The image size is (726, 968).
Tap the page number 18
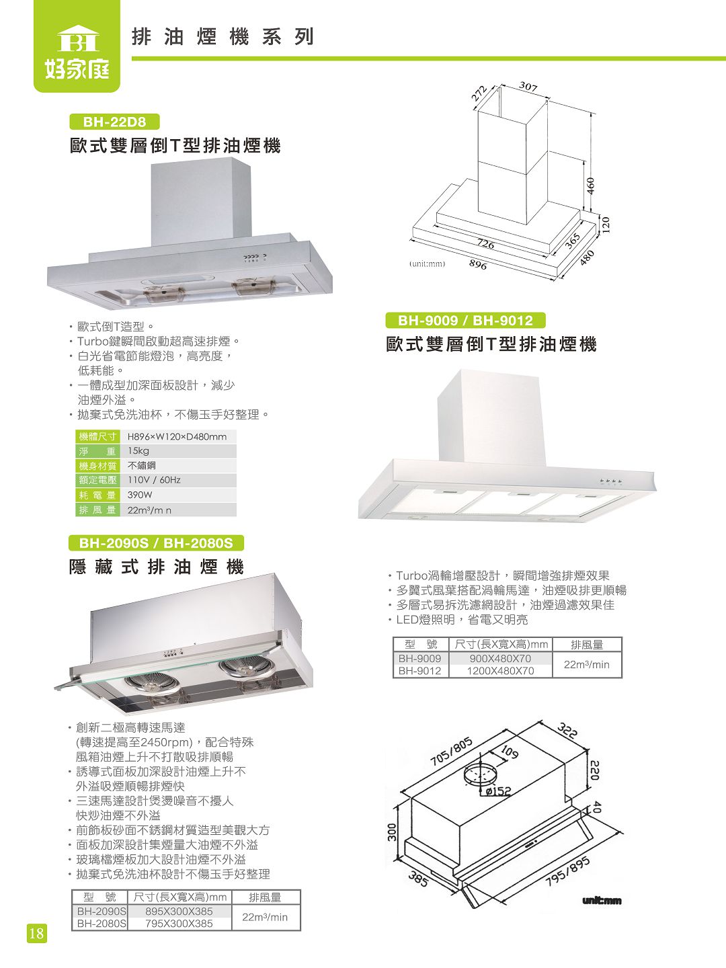[x=36, y=933]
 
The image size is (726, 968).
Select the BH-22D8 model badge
[x=115, y=122]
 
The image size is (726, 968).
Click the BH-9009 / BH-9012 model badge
[x=465, y=321]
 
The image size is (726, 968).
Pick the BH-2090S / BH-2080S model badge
[x=156, y=542]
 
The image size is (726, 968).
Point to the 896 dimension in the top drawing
[x=477, y=265]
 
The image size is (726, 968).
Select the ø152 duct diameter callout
[x=498, y=791]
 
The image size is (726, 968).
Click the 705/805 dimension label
[x=452, y=752]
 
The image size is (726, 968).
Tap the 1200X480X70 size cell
[x=500, y=671]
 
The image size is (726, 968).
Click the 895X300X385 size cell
[x=179, y=912]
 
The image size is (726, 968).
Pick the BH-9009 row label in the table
[x=419, y=659]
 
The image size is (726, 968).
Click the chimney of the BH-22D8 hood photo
[x=201, y=202]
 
